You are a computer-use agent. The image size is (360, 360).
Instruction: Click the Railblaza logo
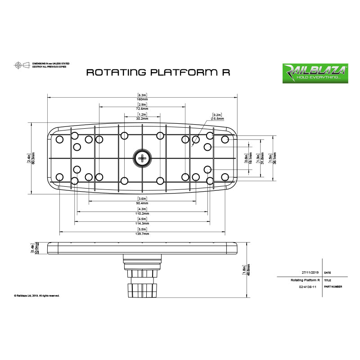[314, 73]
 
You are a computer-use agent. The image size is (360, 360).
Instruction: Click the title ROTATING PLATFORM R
[158, 72]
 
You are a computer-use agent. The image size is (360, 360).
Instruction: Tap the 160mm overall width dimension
[142, 99]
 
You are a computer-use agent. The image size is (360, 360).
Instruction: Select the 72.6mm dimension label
[142, 109]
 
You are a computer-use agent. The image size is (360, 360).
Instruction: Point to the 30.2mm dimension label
[142, 119]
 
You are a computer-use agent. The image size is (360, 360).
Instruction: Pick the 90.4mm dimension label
[142, 203]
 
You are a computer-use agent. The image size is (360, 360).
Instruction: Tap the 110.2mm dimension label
[142, 213]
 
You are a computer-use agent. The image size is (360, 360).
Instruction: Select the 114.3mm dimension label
[142, 224]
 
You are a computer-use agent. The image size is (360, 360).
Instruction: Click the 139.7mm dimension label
[142, 234]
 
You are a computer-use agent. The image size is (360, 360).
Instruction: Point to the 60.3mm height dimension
[33, 158]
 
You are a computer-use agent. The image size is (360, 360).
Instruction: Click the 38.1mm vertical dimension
[274, 158]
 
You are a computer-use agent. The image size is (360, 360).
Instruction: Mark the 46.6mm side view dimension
[248, 270]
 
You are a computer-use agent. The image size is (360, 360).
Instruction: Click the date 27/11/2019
[310, 273]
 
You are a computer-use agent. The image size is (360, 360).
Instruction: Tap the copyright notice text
[37, 296]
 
